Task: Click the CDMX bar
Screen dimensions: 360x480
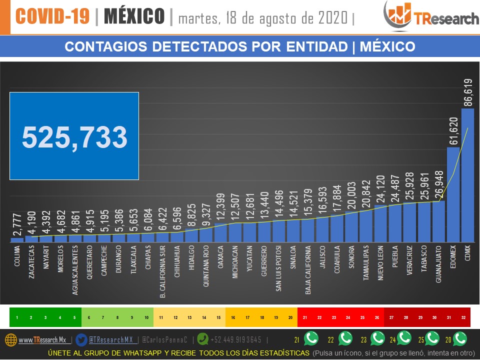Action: coord(467,175)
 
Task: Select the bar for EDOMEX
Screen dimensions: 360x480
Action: coord(453,195)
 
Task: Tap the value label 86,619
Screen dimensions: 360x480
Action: coord(468,92)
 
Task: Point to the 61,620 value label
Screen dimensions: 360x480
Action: coord(453,131)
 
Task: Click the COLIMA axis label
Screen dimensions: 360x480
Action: coord(17,255)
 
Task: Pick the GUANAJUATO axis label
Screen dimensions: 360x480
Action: coord(438,264)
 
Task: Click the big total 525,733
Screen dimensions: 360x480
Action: coord(74,136)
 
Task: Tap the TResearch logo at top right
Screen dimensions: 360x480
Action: coord(430,15)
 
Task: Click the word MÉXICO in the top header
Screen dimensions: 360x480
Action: coord(134,16)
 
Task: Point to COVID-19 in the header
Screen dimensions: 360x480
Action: coord(54,16)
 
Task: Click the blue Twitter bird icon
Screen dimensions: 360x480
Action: coord(81,339)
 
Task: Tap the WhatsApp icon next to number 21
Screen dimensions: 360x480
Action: coord(311,339)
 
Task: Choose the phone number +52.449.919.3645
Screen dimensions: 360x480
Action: coord(235,340)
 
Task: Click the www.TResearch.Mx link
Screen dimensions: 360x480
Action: coord(42,340)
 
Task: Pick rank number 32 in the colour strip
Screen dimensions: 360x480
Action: coord(463,317)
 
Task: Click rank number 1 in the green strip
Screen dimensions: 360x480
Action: coord(17,317)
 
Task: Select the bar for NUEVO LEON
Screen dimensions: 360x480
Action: coord(380,223)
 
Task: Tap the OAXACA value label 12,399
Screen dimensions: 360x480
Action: coord(221,208)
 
